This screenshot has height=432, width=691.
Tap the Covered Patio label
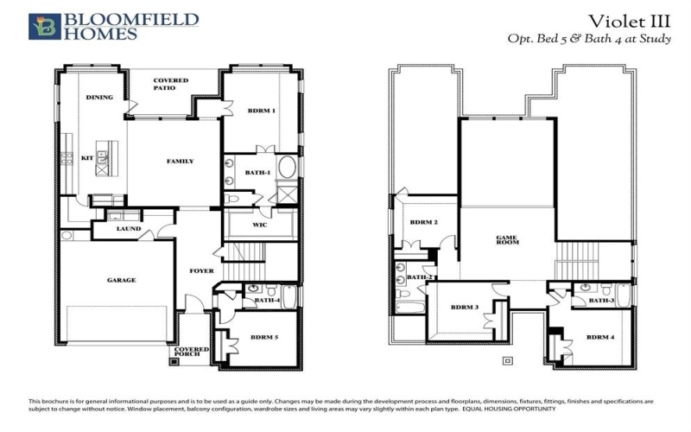coord(170,84)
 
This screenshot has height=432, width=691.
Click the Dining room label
coord(99,98)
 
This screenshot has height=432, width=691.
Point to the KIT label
coord(86,158)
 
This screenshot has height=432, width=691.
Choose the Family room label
coord(180,162)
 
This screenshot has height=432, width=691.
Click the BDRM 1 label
coord(261,111)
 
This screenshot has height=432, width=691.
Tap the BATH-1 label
coord(257,173)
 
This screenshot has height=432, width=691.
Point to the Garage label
coord(121,280)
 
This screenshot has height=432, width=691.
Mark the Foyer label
coord(201,271)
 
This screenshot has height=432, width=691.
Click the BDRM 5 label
coord(263,338)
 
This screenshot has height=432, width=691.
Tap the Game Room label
coord(506,239)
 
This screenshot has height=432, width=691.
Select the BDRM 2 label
coord(423,222)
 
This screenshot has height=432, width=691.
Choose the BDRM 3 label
coord(464,307)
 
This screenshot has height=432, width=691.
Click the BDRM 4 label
coord(600,337)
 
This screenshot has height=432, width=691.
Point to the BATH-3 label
coord(601,300)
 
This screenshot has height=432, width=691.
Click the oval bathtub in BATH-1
coord(287,167)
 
